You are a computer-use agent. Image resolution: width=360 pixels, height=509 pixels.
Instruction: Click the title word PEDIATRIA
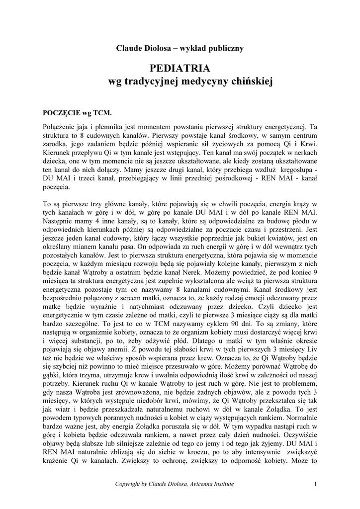pyautogui.click(x=180, y=68)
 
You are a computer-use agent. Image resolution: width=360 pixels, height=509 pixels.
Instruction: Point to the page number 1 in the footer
pyautogui.click(x=316, y=484)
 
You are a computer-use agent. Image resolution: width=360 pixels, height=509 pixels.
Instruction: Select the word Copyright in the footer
pyautogui.click(x=129, y=484)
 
